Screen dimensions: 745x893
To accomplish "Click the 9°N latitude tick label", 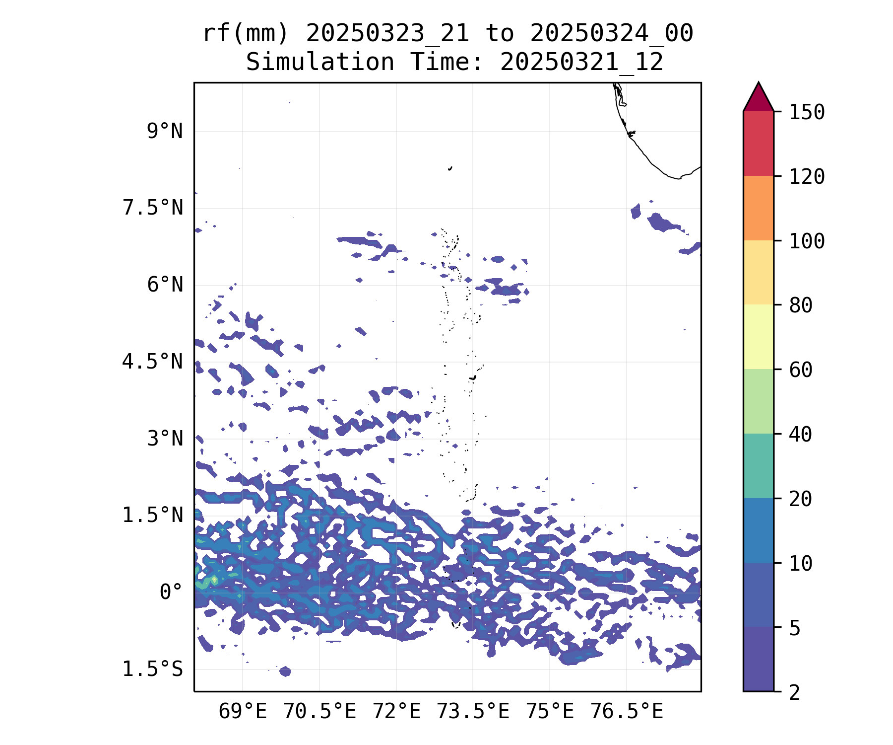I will (165, 132).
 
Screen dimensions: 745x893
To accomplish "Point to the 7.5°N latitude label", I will (153, 208).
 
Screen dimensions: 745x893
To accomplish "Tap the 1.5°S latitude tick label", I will (153, 670).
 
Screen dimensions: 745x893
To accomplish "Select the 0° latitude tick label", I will (171, 593).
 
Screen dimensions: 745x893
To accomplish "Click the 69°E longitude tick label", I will (243, 712).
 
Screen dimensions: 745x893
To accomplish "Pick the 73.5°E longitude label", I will (473, 712).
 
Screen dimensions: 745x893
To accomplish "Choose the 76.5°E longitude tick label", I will (627, 712).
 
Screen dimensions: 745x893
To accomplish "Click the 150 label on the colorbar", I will (807, 112).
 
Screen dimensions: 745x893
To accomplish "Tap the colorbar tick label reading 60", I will (801, 370).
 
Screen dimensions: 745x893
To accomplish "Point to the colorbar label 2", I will (795, 692).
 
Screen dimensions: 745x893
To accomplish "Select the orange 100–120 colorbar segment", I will (758, 208).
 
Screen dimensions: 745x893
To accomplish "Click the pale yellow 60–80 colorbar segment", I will (758, 337).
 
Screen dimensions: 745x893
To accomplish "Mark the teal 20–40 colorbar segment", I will (758, 466).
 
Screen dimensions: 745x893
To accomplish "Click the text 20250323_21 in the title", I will (387, 34).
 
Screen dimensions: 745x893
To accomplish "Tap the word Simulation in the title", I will (320, 63).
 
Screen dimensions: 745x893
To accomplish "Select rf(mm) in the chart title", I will (246, 34).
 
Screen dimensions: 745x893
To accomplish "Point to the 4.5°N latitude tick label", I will (153, 362).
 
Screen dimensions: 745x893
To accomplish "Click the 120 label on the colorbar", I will (807, 177).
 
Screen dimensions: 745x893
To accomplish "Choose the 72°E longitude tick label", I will (396, 712).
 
